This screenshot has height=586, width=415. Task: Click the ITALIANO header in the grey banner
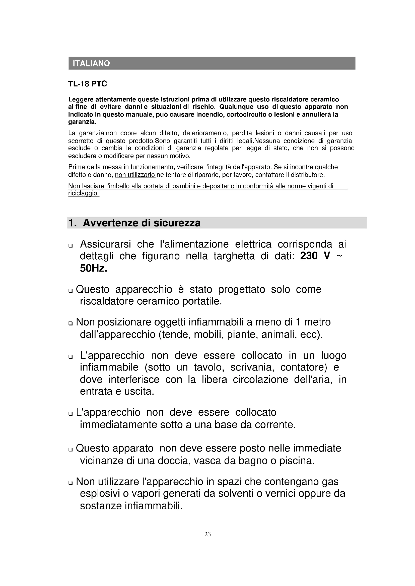(x=91, y=64)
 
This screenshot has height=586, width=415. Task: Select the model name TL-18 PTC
(x=87, y=84)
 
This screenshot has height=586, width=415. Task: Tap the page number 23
(x=208, y=534)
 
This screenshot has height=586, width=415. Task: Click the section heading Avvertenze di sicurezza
(x=142, y=223)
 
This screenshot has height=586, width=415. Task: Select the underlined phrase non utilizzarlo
(x=135, y=175)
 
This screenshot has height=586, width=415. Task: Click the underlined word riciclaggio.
(x=83, y=193)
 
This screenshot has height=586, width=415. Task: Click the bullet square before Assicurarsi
(x=71, y=246)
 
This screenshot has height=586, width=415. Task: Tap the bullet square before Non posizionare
(x=71, y=323)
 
